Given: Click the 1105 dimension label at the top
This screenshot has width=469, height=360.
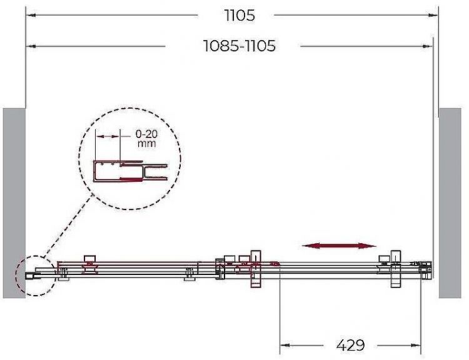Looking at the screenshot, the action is pyautogui.click(x=240, y=15).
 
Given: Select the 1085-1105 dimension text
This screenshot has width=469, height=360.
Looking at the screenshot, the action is pyautogui.click(x=240, y=46).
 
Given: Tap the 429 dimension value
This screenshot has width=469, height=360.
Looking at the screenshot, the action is pyautogui.click(x=351, y=346).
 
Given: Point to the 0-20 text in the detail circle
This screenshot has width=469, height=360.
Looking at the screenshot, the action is pyautogui.click(x=146, y=134).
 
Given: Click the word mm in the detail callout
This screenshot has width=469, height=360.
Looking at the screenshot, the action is pyautogui.click(x=146, y=144).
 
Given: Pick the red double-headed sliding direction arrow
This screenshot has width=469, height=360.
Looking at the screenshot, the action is pyautogui.click(x=339, y=246).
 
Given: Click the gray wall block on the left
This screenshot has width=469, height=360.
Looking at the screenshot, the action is pyautogui.click(x=14, y=203).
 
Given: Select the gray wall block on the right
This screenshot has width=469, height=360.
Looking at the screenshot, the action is pyautogui.click(x=450, y=203).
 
